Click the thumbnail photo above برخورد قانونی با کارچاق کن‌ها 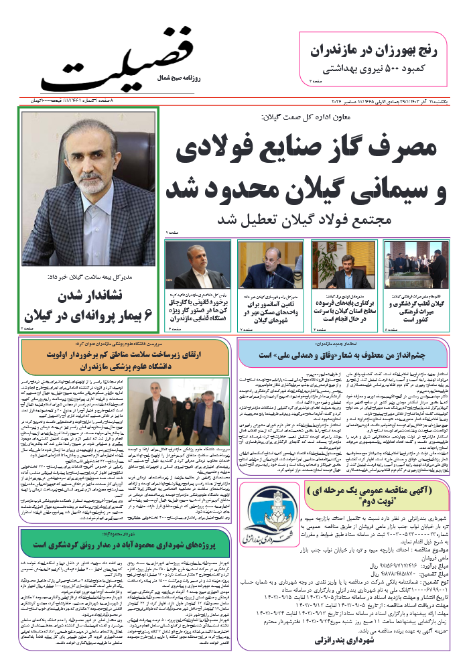(198, 264)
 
